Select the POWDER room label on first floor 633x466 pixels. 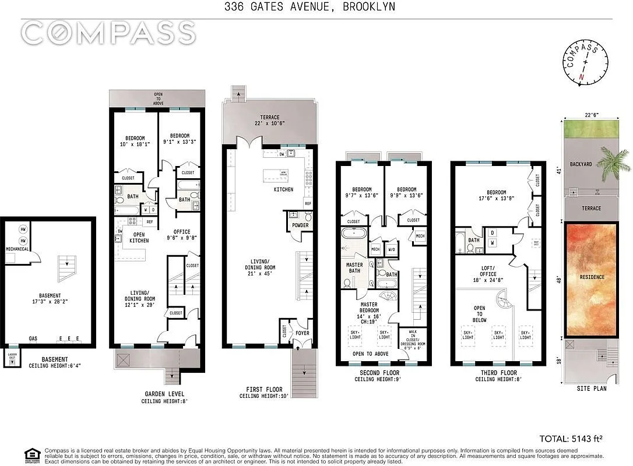coord(300,225)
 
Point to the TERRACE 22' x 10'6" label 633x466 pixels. coord(268,119)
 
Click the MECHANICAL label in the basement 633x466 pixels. coord(17,247)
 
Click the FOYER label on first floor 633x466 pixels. coord(303,333)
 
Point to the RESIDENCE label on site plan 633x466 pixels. coord(592,277)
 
